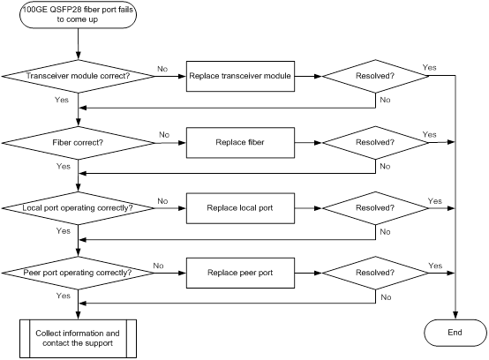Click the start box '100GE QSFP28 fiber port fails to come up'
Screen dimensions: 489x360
[x=78, y=14]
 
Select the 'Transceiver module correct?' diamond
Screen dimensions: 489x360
[x=78, y=76]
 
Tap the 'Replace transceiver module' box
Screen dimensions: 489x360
[x=240, y=76]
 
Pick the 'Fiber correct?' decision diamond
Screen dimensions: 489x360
[x=78, y=143]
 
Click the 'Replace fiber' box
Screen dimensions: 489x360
[x=240, y=143]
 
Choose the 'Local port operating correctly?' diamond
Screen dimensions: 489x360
[x=78, y=208]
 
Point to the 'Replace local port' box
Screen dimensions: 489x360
[x=240, y=208]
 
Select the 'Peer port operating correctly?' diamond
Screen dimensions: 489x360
[x=78, y=273]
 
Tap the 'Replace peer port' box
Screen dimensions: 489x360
[x=240, y=273]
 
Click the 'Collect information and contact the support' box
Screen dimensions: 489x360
[x=78, y=339]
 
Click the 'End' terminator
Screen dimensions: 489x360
[x=455, y=333]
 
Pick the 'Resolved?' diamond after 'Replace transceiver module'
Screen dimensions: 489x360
[x=375, y=76]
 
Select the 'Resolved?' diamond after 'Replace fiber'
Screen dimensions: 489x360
[x=375, y=143]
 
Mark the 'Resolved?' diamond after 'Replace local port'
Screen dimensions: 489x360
[x=375, y=208]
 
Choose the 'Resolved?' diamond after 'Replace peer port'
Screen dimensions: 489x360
[x=375, y=273]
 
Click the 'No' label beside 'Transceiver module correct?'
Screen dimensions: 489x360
[x=162, y=69]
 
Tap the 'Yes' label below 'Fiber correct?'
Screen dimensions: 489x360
[x=64, y=166]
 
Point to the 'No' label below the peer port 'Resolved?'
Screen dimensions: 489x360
[x=386, y=297]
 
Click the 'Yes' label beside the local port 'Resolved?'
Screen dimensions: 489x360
[x=435, y=201]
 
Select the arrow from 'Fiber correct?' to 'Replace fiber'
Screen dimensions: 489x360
[x=170, y=143]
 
